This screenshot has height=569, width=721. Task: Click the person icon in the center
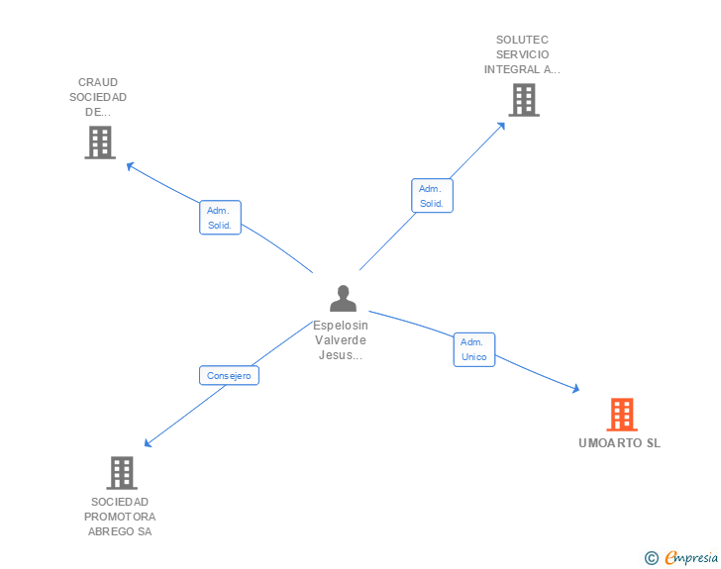pyautogui.click(x=343, y=299)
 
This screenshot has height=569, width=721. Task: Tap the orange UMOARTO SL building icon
pyautogui.click(x=622, y=414)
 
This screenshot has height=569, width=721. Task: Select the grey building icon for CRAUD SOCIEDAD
pyautogui.click(x=100, y=142)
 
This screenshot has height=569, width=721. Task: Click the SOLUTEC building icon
pyautogui.click(x=523, y=100)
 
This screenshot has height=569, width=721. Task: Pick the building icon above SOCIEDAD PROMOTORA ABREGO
pyautogui.click(x=121, y=473)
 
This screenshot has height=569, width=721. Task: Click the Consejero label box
pyautogui.click(x=229, y=375)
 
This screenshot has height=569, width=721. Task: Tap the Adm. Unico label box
pyautogui.click(x=474, y=349)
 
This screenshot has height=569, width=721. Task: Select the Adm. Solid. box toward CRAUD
pyautogui.click(x=219, y=218)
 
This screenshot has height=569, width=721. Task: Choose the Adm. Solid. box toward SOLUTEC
pyautogui.click(x=432, y=196)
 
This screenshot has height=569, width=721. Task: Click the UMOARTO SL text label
pyautogui.click(x=619, y=443)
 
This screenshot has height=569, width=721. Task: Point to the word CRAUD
pyautogui.click(x=98, y=82)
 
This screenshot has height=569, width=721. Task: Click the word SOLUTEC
pyautogui.click(x=522, y=41)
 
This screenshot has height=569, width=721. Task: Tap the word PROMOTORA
pyautogui.click(x=120, y=517)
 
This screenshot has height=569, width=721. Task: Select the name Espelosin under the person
pyautogui.click(x=341, y=325)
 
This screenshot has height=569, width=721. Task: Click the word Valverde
pyautogui.click(x=341, y=340)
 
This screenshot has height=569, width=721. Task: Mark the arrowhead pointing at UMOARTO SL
pyautogui.click(x=575, y=390)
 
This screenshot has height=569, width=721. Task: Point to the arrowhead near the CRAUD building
pyautogui.click(x=130, y=166)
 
